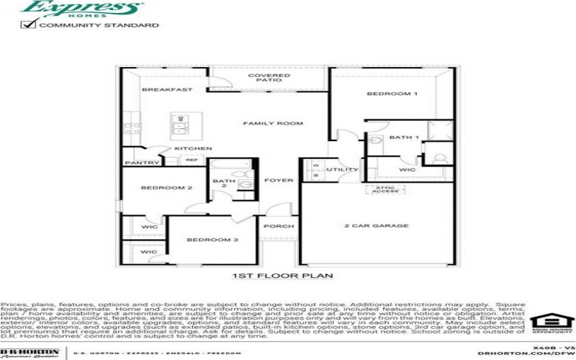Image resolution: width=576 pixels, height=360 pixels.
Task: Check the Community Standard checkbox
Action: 30,24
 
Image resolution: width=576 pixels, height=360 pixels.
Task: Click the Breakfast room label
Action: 167,89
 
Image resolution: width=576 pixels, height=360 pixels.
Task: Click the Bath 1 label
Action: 403,136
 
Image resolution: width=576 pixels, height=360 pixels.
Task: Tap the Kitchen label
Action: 193,148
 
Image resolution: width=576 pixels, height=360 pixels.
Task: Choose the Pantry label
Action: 142,163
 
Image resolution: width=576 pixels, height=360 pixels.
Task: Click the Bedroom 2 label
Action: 166,188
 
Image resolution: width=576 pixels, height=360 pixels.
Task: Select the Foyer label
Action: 279,180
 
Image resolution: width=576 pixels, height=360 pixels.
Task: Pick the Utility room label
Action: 342,170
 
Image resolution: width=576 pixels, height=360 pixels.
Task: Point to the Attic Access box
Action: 384,190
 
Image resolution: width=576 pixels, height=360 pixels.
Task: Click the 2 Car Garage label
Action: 376,226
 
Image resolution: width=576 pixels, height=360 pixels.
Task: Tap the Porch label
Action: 279,226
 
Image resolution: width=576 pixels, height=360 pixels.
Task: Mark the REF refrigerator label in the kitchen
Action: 192,160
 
